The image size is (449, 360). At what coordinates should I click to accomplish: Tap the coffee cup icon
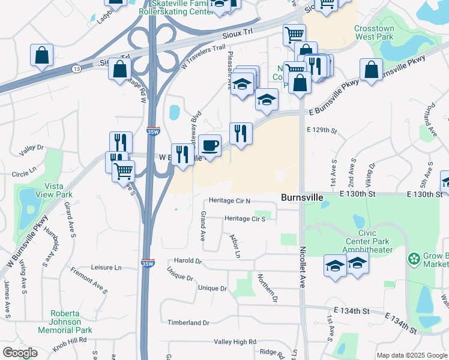(x=210, y=145)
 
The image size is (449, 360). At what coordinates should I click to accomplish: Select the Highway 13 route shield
(x=76, y=70)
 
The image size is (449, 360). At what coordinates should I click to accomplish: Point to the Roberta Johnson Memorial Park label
(x=65, y=322)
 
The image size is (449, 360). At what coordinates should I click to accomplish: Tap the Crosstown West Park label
(x=374, y=32)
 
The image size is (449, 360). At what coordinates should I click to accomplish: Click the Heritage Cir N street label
(x=229, y=200)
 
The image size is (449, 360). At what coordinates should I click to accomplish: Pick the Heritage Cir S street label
(x=245, y=218)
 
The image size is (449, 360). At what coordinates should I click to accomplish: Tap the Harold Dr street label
(x=188, y=261)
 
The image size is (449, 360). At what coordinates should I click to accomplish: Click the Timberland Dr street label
(x=188, y=323)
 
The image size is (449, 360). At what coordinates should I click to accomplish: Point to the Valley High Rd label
(x=235, y=341)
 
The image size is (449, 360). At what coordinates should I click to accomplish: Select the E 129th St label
(x=319, y=130)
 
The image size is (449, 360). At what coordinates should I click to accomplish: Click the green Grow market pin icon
(x=414, y=259)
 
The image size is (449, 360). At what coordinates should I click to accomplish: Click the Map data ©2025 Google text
(x=411, y=355)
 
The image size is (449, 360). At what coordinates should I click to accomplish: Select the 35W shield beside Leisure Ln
(x=147, y=263)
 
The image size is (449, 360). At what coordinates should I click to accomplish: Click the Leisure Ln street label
(x=106, y=267)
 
